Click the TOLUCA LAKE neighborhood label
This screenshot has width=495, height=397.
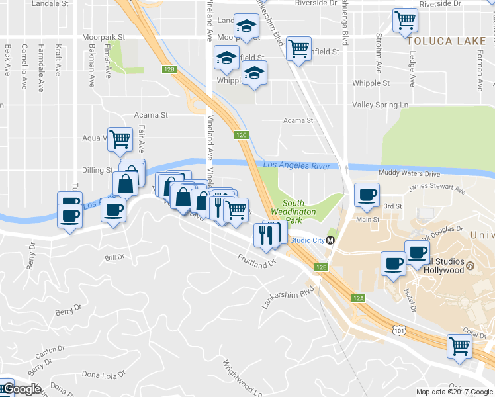[x=449, y=41]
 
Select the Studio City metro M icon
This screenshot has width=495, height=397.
[x=330, y=240]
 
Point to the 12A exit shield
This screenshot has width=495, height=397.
[x=359, y=298]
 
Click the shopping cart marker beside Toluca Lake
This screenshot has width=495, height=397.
[x=405, y=20]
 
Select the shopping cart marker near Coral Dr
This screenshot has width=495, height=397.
[x=459, y=345]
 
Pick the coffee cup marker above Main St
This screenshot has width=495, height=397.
[x=367, y=195]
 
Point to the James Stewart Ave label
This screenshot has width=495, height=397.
[x=437, y=191]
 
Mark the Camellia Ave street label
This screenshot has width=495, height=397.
[x=24, y=67]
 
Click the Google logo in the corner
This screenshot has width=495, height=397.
[x=21, y=389]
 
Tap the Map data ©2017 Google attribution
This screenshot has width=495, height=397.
[x=454, y=392]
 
